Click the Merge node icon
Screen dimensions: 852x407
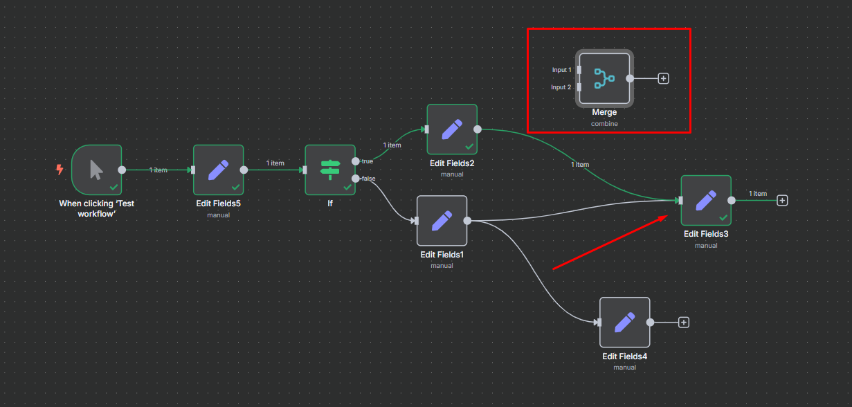(x=604, y=78)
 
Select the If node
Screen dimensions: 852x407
(x=330, y=170)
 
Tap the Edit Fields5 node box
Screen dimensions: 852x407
(x=218, y=170)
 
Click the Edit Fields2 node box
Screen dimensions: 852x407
(x=452, y=129)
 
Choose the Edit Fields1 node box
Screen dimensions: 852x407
(x=442, y=221)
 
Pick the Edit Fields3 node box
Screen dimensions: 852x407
(x=706, y=201)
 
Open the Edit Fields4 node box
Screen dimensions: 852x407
(x=624, y=322)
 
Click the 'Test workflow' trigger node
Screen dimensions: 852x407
(x=97, y=170)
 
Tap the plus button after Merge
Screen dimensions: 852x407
(x=663, y=78)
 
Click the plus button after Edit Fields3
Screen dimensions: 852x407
(x=782, y=201)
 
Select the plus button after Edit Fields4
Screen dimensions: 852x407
(x=684, y=323)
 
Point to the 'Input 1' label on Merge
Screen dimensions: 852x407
(x=561, y=70)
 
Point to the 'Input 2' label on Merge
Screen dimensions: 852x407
(x=561, y=87)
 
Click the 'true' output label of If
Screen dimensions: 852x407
(x=367, y=161)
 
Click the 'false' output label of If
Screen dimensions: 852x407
(x=368, y=179)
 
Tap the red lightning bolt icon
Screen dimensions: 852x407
(x=60, y=170)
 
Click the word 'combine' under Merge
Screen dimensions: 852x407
(x=604, y=124)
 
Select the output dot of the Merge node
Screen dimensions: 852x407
(x=630, y=78)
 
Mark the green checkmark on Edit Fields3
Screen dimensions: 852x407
(x=723, y=217)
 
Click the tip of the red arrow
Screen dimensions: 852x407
(x=667, y=216)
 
